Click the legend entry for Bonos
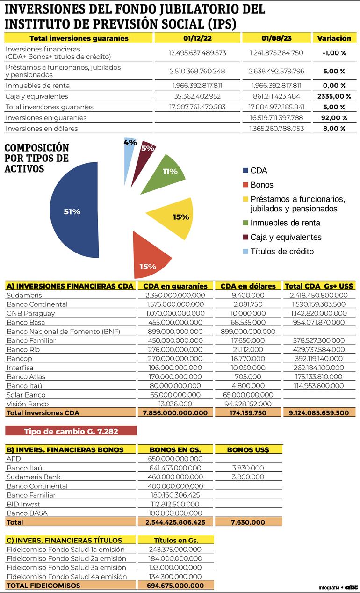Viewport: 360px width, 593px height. coord(262,185)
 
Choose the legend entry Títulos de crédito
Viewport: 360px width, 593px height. coord(281,251)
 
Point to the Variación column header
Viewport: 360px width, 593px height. coord(334,38)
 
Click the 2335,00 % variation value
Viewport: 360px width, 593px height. coord(334,96)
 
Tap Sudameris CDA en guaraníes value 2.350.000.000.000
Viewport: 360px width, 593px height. coord(175,295)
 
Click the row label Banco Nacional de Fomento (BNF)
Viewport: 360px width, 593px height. coord(64,332)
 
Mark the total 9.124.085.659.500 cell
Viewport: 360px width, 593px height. coord(319,413)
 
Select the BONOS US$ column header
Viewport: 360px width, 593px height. coord(248,450)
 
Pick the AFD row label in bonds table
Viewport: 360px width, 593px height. coord(14,459)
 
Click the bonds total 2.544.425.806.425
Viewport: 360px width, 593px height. coord(175,522)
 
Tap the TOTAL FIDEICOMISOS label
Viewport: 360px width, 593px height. coord(43,586)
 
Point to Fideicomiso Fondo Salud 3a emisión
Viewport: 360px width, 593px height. coord(66,567)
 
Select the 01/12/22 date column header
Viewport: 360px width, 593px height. coord(197,38)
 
